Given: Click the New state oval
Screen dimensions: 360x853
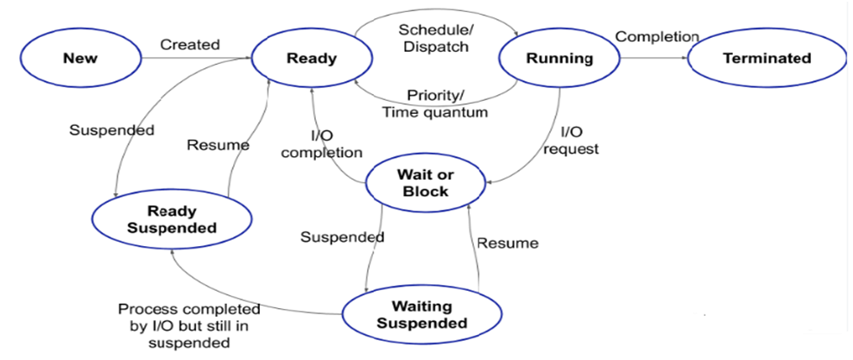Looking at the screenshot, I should (x=80, y=59).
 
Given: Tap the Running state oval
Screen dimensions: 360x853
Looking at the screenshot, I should (x=559, y=59).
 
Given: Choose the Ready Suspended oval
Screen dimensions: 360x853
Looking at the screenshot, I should (x=172, y=218).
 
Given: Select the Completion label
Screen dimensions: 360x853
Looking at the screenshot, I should (x=656, y=36).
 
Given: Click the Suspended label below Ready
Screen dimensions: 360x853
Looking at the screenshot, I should (x=111, y=130).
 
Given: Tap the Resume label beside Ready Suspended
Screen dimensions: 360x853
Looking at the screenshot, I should (x=218, y=145).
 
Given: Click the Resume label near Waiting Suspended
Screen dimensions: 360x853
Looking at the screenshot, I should (x=508, y=243).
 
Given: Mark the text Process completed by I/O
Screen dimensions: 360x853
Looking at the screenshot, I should (x=190, y=319).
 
